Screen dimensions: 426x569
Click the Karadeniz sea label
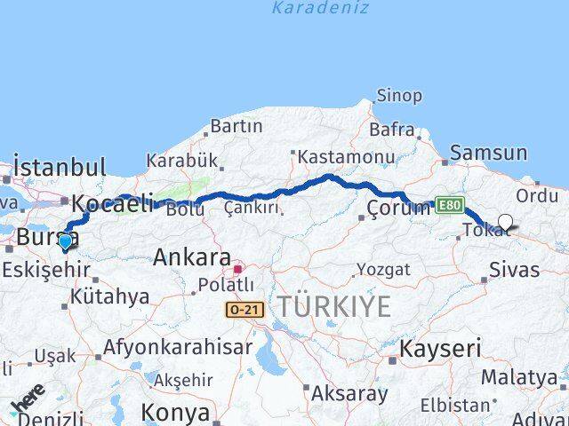tap(319, 9)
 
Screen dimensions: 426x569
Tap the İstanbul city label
tap(60, 167)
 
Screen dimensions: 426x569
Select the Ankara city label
tap(192, 257)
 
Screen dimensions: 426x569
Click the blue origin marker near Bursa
tap(65, 241)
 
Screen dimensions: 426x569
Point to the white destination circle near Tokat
tap(505, 222)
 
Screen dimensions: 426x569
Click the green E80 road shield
tap(449, 205)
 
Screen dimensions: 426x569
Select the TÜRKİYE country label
tap(333, 307)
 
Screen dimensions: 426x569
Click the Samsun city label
tap(488, 153)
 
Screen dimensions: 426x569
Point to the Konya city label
tap(175, 413)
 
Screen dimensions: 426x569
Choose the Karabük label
tap(182, 161)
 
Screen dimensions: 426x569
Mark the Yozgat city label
tap(383, 269)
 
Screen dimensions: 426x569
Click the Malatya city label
tap(519, 377)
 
